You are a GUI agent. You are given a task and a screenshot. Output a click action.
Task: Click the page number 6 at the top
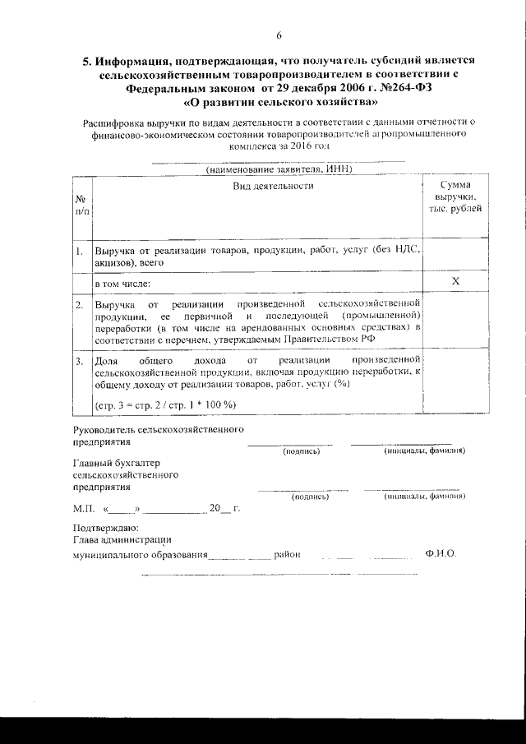click(x=279, y=35)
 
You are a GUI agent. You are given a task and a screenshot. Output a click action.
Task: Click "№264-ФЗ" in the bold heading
click(x=411, y=88)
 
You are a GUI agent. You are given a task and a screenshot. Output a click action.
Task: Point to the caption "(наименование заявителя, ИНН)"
click(x=279, y=169)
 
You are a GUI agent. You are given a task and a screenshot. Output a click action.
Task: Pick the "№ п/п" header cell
click(x=81, y=206)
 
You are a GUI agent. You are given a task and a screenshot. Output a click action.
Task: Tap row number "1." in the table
click(x=80, y=250)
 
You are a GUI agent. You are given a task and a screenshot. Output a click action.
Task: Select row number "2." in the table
click(x=80, y=305)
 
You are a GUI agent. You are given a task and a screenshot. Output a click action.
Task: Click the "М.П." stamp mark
click(x=84, y=509)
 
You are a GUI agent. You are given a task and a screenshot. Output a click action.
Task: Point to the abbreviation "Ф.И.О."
click(x=441, y=554)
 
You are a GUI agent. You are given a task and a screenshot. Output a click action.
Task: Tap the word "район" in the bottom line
click(x=287, y=554)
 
